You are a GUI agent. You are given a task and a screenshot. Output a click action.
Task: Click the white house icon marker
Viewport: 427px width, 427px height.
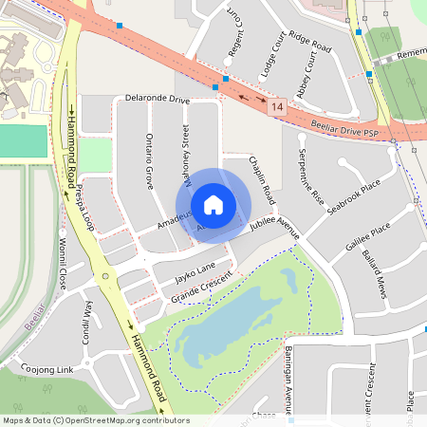[213, 204]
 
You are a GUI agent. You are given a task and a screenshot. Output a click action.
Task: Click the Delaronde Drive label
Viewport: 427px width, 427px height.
[158, 99]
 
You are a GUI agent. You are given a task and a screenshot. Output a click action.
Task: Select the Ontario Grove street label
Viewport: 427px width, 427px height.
[149, 161]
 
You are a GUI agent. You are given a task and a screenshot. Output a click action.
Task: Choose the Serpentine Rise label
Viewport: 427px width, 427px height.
[309, 176]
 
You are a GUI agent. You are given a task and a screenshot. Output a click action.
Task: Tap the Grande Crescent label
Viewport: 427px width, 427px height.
[201, 290]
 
